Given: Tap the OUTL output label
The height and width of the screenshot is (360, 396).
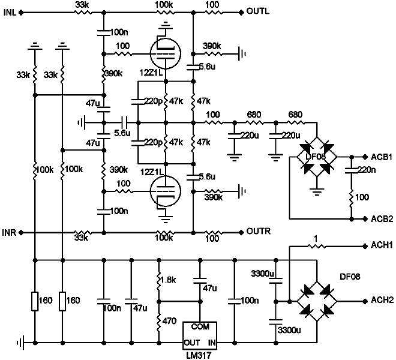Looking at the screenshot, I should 259,11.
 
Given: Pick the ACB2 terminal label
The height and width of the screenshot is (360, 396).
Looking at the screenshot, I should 382,218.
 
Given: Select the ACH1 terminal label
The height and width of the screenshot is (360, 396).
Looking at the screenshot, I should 382,245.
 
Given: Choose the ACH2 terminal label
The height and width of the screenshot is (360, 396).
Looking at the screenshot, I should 382,301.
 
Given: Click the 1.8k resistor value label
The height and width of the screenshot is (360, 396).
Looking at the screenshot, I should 170,280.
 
